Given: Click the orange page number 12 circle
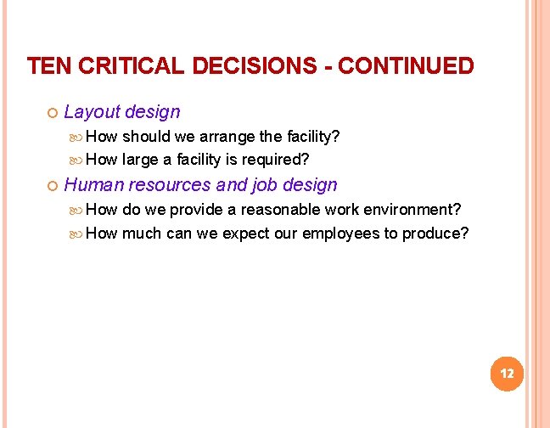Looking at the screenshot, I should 508,374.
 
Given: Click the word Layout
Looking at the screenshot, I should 92,112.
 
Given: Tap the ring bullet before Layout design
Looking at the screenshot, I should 51,113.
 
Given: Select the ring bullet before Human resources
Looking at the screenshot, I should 51,186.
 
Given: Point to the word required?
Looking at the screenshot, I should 275,160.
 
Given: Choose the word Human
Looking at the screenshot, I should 93,185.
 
